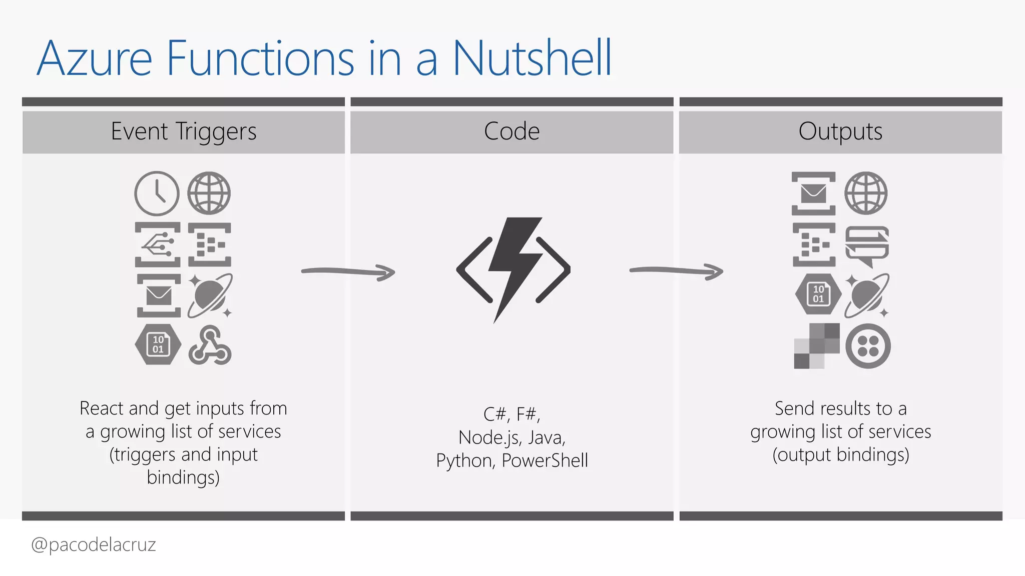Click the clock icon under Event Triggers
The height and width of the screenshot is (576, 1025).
(157, 193)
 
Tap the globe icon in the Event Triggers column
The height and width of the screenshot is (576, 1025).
(209, 193)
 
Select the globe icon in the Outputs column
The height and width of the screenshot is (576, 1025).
(866, 193)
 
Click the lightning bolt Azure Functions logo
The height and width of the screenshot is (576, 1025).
(514, 269)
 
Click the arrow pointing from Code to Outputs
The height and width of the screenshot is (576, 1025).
(676, 271)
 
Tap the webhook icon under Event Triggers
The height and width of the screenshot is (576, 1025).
(210, 345)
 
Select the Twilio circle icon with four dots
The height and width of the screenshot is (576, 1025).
(868, 346)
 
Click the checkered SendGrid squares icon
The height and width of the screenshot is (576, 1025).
(817, 346)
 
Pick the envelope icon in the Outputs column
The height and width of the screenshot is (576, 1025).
(813, 193)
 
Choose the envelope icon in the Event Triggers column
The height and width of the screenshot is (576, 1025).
(159, 295)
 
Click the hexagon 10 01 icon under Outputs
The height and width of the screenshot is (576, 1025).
(818, 294)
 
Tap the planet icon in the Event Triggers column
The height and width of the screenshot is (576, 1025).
(210, 295)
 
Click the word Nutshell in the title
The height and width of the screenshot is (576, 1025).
(532, 58)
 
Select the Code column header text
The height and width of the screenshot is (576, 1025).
(511, 131)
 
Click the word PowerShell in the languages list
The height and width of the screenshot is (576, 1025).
(545, 460)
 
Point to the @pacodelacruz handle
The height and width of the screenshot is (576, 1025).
(94, 544)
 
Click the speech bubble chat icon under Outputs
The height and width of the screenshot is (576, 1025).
(867, 245)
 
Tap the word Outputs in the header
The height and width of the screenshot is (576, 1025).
(840, 131)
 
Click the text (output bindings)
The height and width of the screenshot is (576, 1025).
(840, 454)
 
